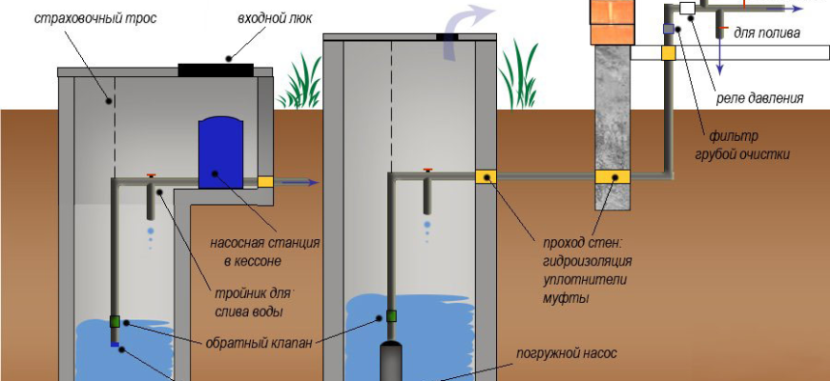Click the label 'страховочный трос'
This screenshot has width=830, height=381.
coord(82,19)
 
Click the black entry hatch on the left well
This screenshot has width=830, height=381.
coord(216,69)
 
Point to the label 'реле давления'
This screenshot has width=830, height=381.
coord(760,97)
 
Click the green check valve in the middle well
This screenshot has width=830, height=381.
coord(390,317)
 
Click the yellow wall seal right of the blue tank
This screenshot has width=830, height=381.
coord(266,181)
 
